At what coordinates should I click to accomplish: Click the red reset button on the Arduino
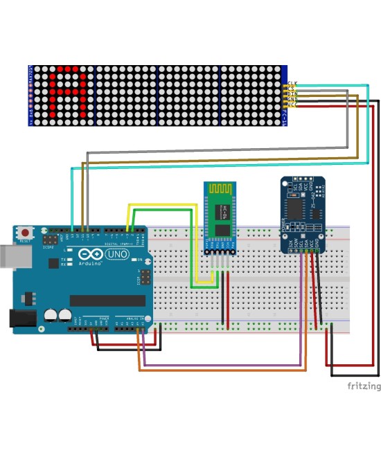tap(26, 232)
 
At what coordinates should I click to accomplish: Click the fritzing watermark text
tap(364, 386)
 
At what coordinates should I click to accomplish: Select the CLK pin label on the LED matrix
tap(292, 83)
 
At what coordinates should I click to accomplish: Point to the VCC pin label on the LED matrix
tap(292, 105)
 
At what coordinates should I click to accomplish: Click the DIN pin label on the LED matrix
tap(292, 94)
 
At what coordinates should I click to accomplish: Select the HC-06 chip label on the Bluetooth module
tap(221, 211)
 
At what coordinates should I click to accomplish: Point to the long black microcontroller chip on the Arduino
tap(107, 300)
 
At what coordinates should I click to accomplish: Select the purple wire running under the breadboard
tap(222, 365)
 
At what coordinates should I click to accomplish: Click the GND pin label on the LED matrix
tap(292, 100)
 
